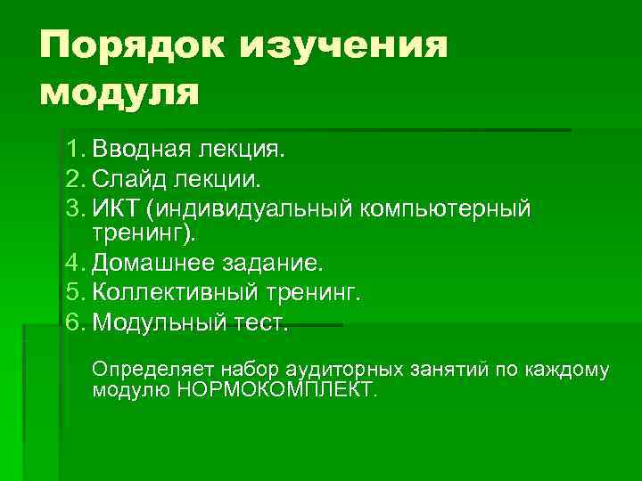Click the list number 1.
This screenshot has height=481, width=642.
[x=73, y=148]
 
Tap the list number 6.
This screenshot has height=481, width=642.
[x=73, y=322]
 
